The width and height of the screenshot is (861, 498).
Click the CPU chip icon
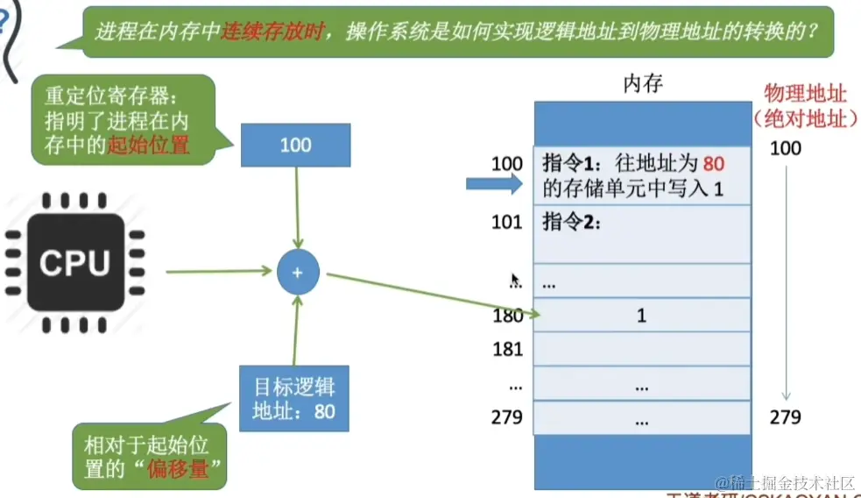click(x=74, y=263)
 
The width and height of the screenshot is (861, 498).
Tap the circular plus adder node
click(x=297, y=273)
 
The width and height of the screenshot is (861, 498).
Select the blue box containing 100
click(x=295, y=145)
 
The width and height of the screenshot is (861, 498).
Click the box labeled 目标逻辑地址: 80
click(x=294, y=398)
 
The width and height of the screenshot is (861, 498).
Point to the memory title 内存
click(x=643, y=84)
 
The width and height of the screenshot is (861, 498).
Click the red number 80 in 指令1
click(x=714, y=163)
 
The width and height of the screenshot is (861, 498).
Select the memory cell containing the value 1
click(x=642, y=315)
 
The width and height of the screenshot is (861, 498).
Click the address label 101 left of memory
click(x=506, y=222)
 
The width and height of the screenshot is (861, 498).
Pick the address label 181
click(x=507, y=349)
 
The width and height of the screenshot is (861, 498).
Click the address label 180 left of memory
click(x=507, y=316)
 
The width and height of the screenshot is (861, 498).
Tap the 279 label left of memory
click(x=506, y=417)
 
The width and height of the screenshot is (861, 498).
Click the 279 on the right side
click(x=785, y=417)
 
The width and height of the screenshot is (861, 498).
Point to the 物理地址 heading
click(x=805, y=93)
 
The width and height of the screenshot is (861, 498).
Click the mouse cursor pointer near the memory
click(x=515, y=281)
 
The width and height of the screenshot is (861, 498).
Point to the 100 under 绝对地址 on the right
click(x=785, y=148)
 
